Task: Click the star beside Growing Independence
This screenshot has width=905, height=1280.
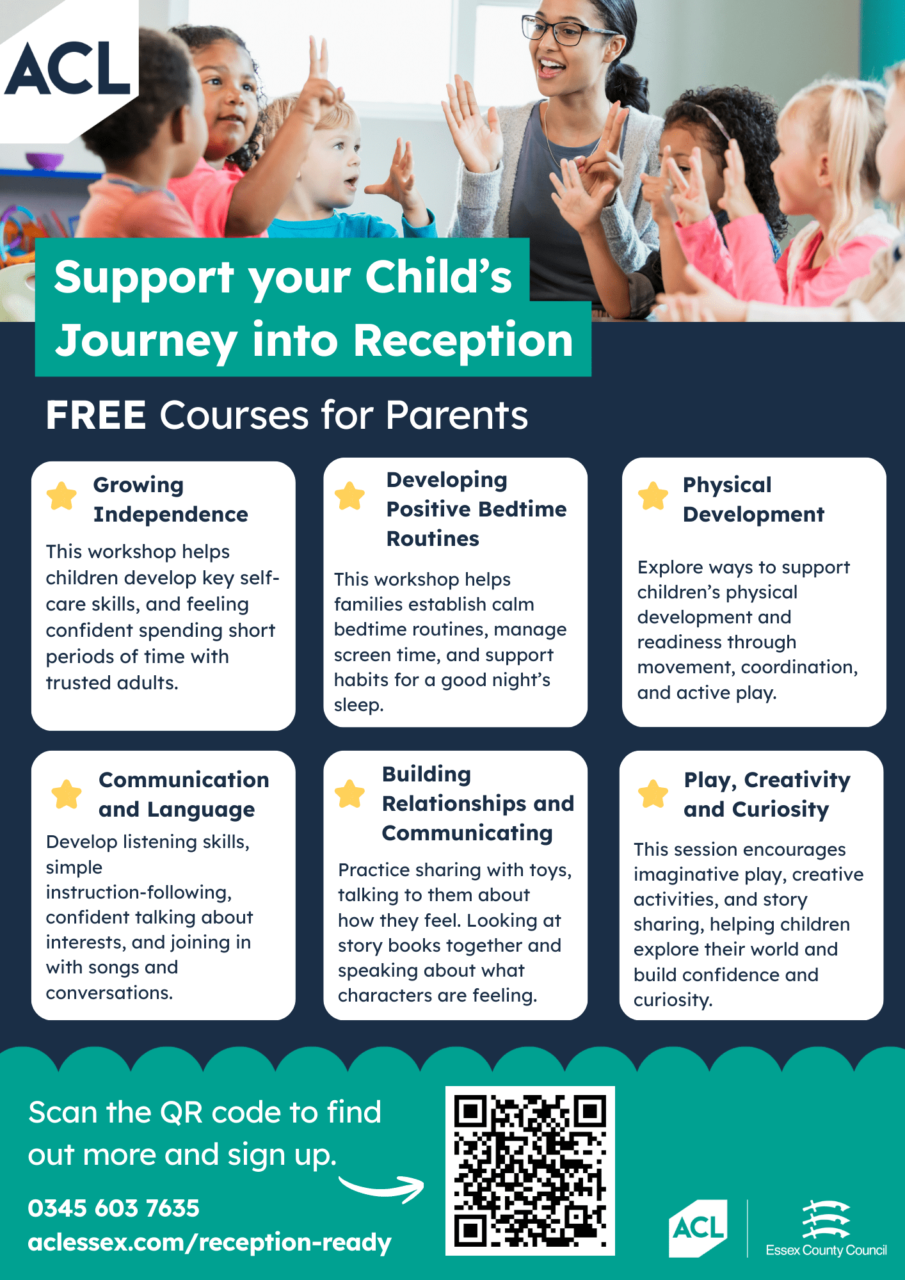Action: tap(61, 496)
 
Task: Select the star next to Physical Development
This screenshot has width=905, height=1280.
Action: tap(653, 496)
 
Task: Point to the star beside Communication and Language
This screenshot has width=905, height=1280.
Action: tap(67, 794)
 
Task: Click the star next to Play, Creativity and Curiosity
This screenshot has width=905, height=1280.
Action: tap(653, 794)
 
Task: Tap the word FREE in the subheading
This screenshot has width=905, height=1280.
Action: tap(96, 415)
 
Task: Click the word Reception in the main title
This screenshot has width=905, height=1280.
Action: tap(463, 340)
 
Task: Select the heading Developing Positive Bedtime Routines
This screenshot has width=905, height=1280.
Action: tap(476, 509)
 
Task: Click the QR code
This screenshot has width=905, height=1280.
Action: tap(530, 1171)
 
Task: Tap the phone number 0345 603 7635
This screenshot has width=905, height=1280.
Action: tap(114, 1208)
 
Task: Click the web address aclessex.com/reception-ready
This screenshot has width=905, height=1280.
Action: tap(209, 1242)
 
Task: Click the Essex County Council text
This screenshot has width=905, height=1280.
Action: tap(826, 1250)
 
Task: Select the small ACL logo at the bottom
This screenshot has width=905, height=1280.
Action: tap(698, 1228)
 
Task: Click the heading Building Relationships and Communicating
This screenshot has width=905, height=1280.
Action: tap(478, 803)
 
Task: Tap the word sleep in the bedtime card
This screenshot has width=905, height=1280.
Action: tap(358, 705)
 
